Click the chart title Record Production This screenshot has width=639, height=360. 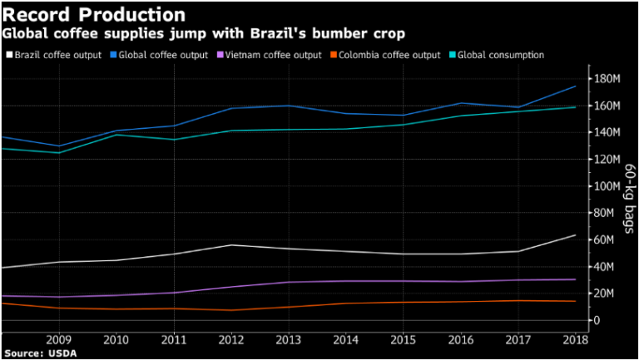coord(93,15)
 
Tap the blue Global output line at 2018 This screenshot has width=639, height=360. coord(575,86)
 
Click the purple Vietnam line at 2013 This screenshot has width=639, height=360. coord(288,282)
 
